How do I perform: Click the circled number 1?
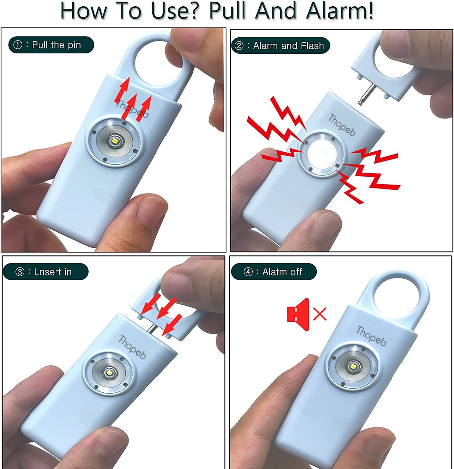(x=18, y=45)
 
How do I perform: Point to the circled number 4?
(x=248, y=272)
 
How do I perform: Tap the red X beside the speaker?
(x=320, y=314)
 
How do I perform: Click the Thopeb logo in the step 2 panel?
(x=342, y=125)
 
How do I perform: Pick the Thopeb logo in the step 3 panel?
(x=132, y=347)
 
